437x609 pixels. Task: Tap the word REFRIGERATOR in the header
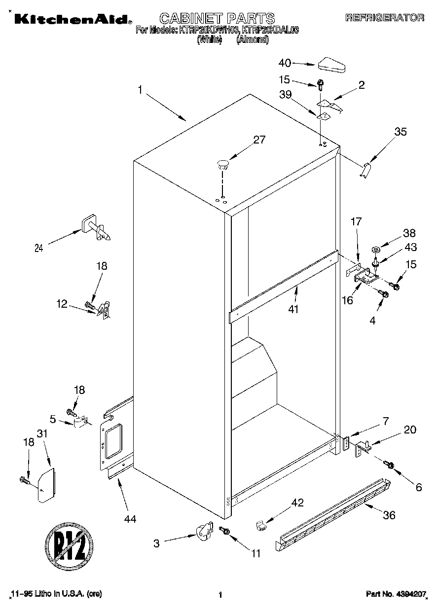pos(385,18)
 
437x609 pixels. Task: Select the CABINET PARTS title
pos(217,18)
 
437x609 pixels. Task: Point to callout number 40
pos(285,63)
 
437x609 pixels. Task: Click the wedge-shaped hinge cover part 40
pos(332,64)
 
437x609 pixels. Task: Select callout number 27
pos(259,140)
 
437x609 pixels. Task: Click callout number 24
pos(38,249)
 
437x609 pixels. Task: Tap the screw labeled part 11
pos(225,530)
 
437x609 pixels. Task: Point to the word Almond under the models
pos(253,40)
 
